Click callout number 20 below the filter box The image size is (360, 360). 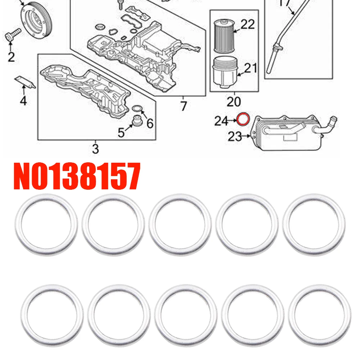(234, 102)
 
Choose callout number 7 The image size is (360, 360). (183, 106)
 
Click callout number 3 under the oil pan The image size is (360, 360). (95, 149)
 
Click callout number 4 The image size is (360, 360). (23, 100)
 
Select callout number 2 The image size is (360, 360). (11, 57)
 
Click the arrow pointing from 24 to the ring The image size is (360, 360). (233, 121)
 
